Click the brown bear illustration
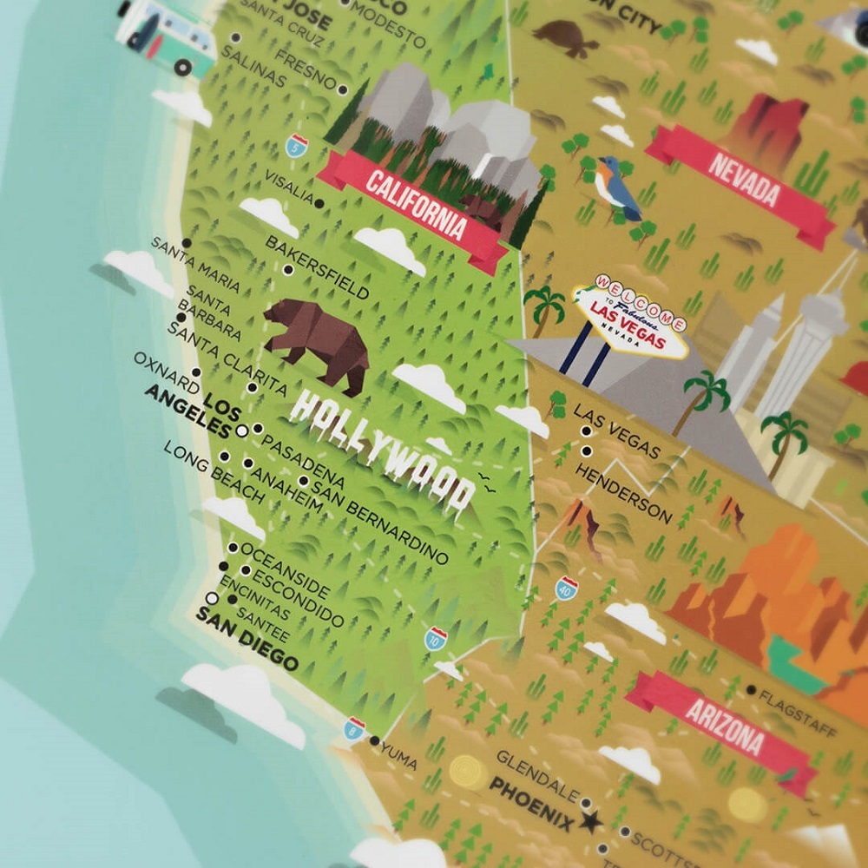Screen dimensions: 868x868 click(316, 339)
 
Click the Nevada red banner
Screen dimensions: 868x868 click(742, 179)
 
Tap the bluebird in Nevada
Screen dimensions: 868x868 click(617, 187)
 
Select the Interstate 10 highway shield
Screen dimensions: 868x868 click(435, 639)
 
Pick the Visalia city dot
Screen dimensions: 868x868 click(320, 203)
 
